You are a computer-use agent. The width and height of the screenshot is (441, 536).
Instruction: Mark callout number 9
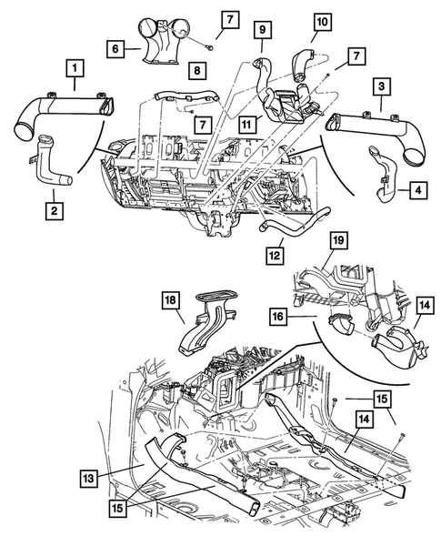[262, 30]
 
